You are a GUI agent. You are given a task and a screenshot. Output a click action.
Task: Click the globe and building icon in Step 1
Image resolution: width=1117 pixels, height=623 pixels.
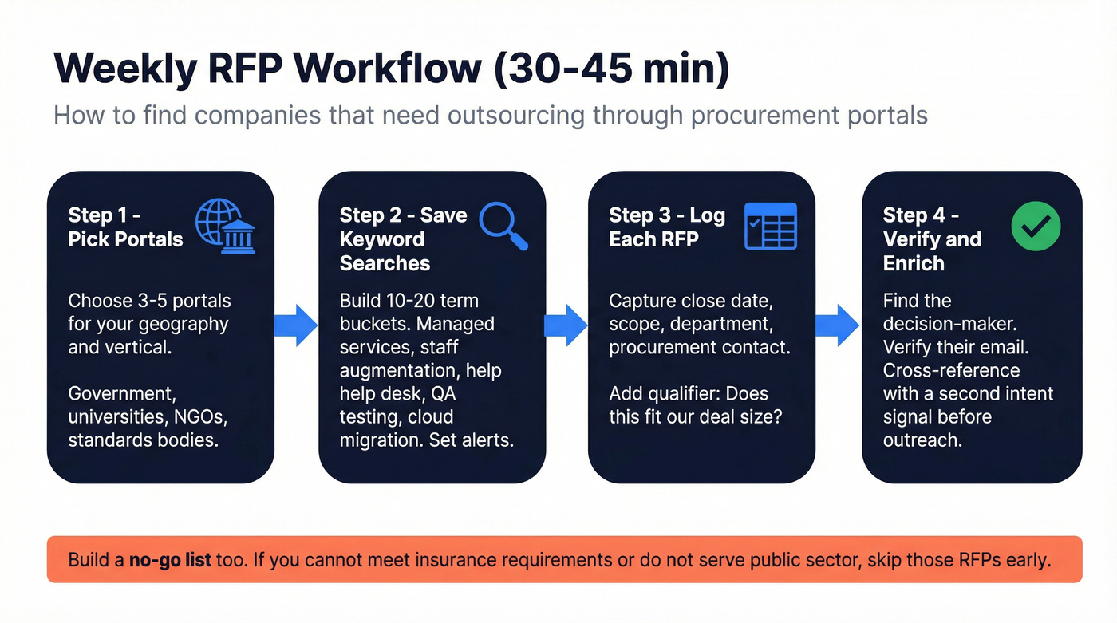[226, 227]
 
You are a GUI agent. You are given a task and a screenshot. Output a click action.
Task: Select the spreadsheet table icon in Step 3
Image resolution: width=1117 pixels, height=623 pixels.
[770, 227]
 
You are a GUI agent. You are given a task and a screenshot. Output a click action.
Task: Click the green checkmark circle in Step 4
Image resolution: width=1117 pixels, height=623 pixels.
[1036, 227]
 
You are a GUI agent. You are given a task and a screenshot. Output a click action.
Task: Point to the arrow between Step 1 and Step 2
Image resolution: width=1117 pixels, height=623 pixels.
[296, 325]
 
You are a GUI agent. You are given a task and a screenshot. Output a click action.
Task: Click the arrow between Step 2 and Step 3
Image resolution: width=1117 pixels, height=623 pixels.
[566, 325]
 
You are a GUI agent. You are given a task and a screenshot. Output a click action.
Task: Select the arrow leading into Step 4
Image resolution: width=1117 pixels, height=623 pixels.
[838, 325]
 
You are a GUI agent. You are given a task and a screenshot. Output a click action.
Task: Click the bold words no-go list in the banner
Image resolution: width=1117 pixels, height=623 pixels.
[170, 559]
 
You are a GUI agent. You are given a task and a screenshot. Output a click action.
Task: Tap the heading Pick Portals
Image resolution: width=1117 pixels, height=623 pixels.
[125, 239]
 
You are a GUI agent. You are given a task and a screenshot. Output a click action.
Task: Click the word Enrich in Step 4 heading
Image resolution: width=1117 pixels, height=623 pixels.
[914, 263]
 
